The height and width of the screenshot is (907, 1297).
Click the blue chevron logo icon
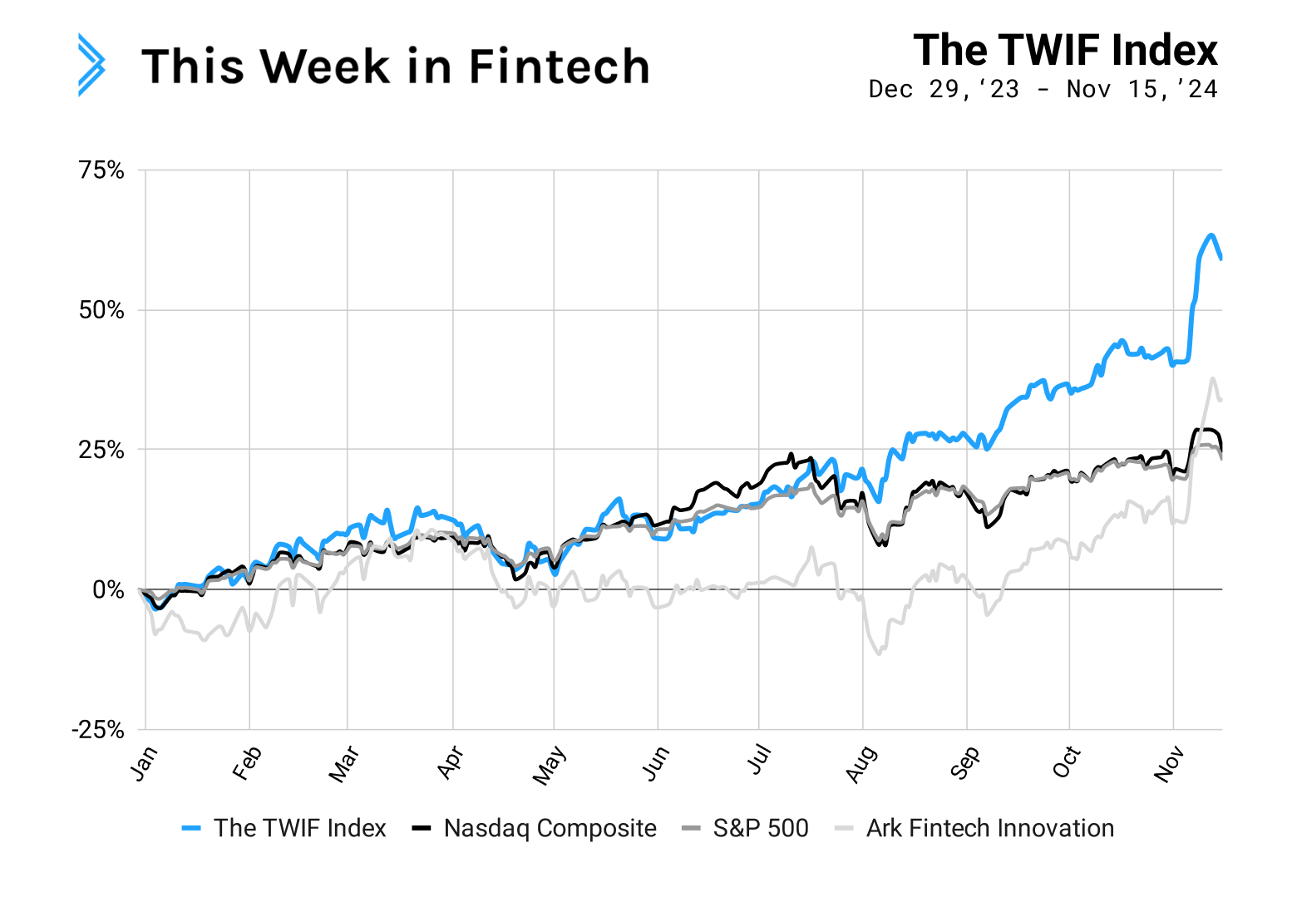pos(91,65)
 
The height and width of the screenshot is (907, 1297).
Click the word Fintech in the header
pos(559,67)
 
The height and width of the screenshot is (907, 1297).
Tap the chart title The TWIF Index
pos(1065,50)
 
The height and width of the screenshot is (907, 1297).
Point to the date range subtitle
pos(1043,89)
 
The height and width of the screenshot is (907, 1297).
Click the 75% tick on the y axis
pos(101,170)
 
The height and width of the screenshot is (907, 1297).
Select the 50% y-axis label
pos(101,310)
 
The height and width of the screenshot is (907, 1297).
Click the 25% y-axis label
pos(101,450)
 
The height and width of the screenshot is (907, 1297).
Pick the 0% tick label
pos(108,589)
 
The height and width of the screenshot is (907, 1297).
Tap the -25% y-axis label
pos(97,730)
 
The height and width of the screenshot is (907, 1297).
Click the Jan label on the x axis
pos(143,763)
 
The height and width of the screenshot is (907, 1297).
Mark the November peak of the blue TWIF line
pos(1211,235)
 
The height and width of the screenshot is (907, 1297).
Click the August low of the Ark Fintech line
pos(879,653)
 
